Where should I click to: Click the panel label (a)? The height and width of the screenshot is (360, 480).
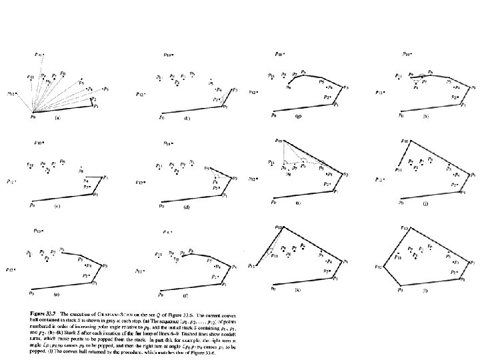click(x=58, y=118)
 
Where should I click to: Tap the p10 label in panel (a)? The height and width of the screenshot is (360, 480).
click(x=39, y=53)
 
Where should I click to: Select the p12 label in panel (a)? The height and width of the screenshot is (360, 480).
click(x=11, y=93)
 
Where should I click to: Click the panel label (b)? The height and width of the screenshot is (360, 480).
click(x=187, y=118)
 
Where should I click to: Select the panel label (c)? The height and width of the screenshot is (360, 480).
click(x=58, y=205)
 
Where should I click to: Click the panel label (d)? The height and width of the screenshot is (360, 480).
click(x=187, y=206)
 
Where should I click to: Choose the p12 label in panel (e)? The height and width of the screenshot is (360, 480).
click(x=11, y=270)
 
